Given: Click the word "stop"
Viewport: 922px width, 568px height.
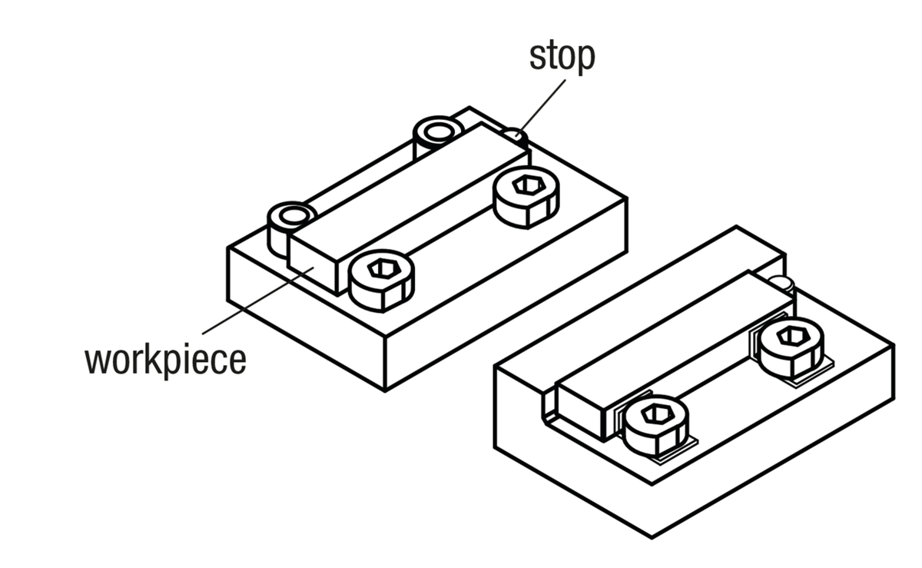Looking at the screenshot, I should [x=562, y=58].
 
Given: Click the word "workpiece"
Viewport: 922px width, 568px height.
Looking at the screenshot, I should [x=165, y=359].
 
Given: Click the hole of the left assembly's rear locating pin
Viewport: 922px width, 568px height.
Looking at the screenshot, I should [x=437, y=131].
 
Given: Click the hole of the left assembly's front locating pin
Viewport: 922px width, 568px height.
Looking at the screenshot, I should [x=292, y=214].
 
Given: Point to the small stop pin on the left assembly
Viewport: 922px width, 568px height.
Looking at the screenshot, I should [x=516, y=137].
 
